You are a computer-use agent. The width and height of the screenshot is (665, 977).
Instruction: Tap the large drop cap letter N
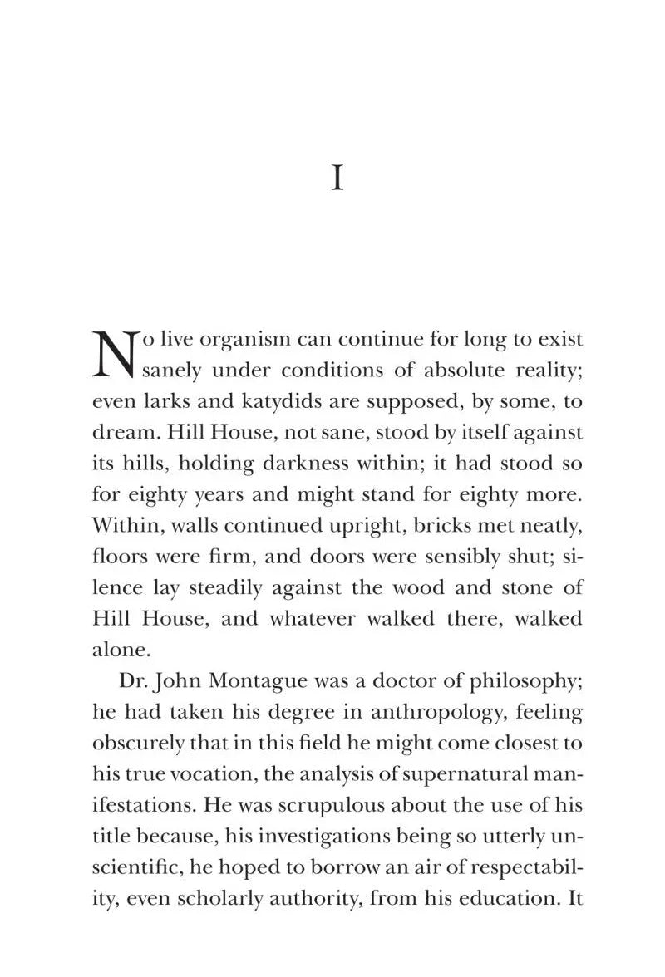[x=114, y=353]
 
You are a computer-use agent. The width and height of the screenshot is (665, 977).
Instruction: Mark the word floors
[x=119, y=557]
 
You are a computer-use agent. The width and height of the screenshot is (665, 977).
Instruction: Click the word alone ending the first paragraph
[x=116, y=650]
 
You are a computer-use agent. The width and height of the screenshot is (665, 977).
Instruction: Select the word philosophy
[x=518, y=682]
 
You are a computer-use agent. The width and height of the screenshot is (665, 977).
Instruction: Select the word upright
[x=335, y=526]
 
